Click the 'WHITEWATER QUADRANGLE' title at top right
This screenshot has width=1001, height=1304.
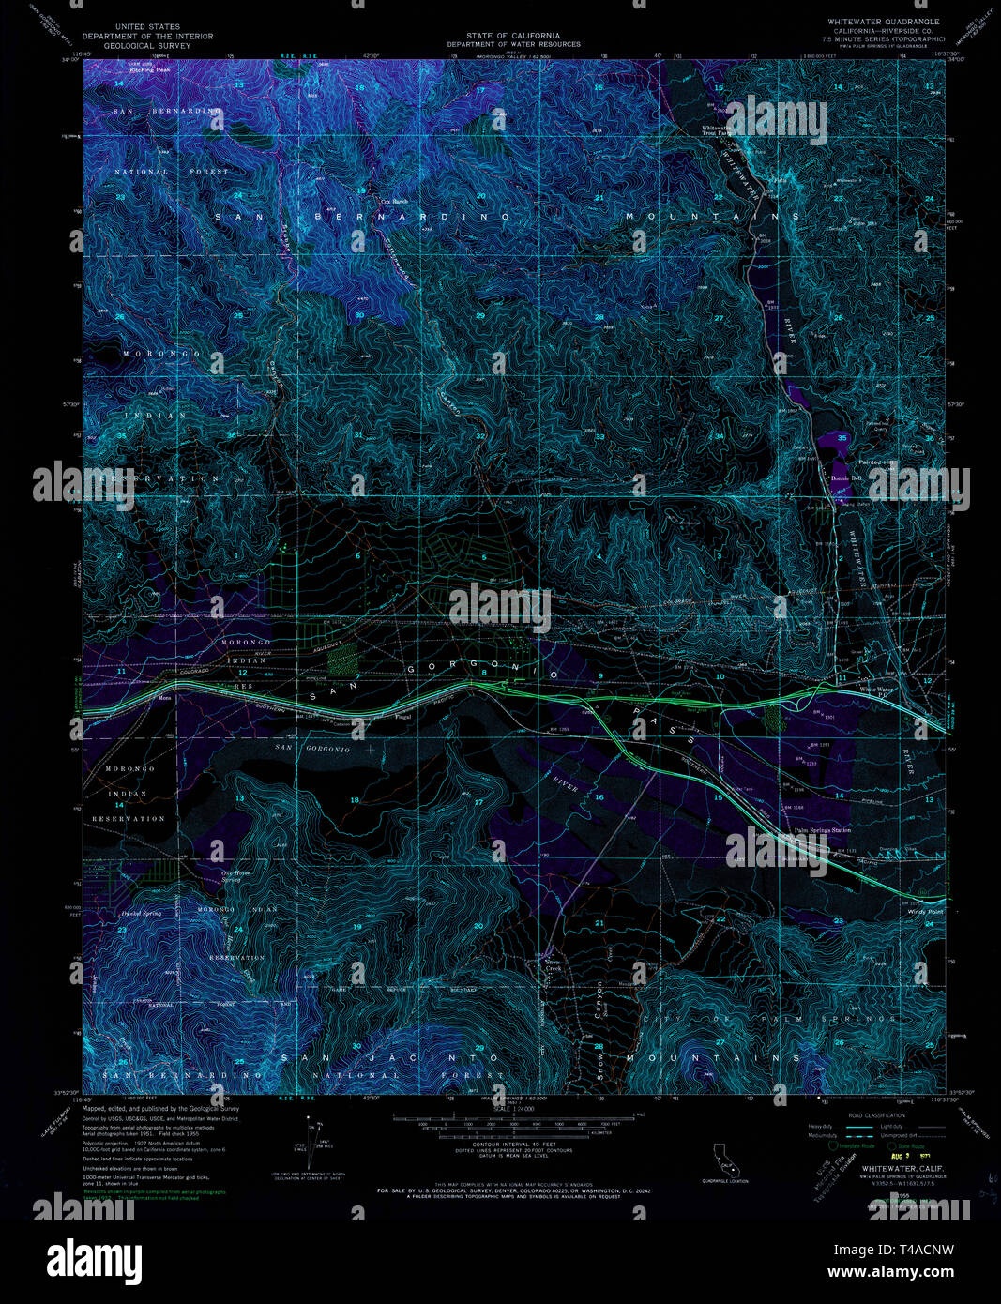883,21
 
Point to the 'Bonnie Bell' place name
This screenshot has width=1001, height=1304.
845,478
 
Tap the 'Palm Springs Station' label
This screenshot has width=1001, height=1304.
822,830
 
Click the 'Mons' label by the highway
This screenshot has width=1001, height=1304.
165,697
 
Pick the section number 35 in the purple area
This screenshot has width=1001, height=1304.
842,438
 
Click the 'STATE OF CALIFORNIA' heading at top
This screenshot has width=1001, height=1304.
512,36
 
